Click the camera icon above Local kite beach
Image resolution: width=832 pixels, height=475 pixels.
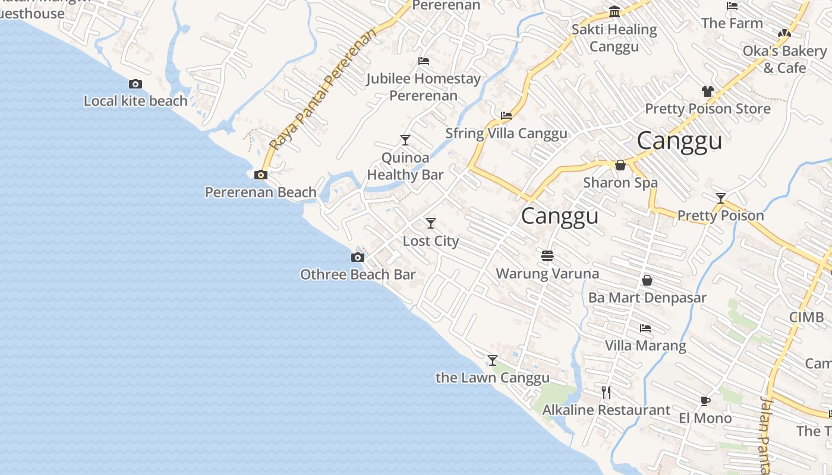tap(135, 84)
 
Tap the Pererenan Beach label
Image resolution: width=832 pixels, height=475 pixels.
tap(260, 192)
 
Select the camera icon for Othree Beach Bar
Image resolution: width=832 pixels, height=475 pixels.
tap(357, 257)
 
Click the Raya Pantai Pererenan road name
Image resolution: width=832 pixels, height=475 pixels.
tap(323, 89)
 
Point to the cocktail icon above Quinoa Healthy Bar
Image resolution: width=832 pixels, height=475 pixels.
tap(405, 140)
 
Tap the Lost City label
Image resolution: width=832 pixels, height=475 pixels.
tap(431, 240)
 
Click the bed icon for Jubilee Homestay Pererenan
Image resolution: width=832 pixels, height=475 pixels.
tap(424, 61)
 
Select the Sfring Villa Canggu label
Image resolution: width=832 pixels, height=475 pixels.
tap(506, 133)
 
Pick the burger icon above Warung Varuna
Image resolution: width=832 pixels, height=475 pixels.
tap(547, 256)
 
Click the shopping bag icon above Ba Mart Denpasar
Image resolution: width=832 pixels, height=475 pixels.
tap(647, 280)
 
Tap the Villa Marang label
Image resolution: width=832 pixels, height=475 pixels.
tap(645, 345)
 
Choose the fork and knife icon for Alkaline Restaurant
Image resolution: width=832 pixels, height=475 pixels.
tap(606, 392)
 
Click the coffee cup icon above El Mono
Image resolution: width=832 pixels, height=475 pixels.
tap(705, 401)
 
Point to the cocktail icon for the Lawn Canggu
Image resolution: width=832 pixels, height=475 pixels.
tap(492, 360)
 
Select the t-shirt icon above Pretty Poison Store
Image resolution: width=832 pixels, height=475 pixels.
tap(707, 91)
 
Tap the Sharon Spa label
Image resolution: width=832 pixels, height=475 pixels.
tap(620, 182)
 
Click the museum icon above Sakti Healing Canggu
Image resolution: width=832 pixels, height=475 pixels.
tap(614, 12)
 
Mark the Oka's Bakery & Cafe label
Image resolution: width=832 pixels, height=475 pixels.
tap(784, 59)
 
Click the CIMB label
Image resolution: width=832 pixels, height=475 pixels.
tap(806, 316)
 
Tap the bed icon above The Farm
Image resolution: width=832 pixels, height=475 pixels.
tap(732, 7)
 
